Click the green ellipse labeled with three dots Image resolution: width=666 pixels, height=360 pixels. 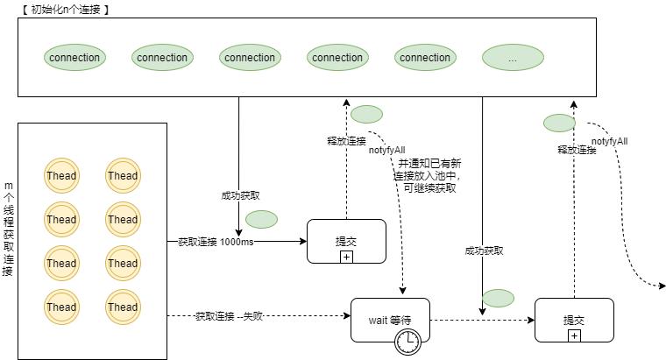click(x=513, y=58)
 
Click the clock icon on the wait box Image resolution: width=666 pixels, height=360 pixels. click(x=407, y=342)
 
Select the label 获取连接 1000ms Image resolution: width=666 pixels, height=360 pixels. click(x=216, y=242)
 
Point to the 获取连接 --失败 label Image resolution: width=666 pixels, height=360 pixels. click(x=229, y=316)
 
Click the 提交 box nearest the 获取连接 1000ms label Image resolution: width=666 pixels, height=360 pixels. click(x=346, y=241)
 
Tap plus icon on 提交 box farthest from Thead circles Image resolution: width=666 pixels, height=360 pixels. click(x=574, y=335)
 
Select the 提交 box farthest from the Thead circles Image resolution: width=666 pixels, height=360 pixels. click(x=574, y=320)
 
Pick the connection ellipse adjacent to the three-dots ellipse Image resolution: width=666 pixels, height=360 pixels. click(x=425, y=58)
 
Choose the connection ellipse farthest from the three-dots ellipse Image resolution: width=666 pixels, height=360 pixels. click(x=74, y=58)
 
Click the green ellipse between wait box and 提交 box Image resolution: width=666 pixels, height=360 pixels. click(x=498, y=298)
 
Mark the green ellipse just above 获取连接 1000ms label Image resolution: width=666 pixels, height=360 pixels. click(x=261, y=219)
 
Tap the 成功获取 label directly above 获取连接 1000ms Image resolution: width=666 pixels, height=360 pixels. click(x=240, y=195)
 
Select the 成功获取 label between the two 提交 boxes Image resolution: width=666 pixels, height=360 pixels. click(x=484, y=251)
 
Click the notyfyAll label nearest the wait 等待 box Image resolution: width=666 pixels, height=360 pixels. click(x=386, y=151)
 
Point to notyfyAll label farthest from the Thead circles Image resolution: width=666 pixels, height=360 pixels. click(x=609, y=141)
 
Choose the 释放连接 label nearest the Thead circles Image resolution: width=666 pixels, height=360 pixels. click(x=346, y=140)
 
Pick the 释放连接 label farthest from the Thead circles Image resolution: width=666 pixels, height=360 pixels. click(x=577, y=150)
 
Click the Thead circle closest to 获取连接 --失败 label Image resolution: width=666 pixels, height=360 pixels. click(x=123, y=307)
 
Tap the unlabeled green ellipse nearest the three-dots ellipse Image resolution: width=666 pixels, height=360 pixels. click(x=559, y=123)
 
